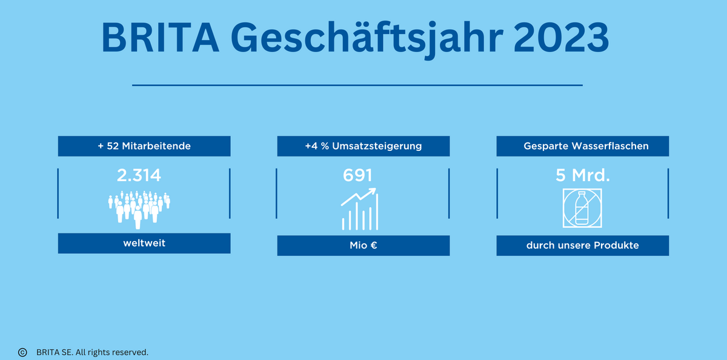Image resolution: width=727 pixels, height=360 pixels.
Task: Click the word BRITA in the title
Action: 160,38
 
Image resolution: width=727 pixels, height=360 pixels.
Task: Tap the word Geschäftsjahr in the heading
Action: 367,39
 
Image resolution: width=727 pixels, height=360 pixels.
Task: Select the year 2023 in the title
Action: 561,38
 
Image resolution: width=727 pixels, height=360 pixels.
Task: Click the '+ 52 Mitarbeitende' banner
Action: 144,146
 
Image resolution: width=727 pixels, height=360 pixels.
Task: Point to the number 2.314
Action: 139,175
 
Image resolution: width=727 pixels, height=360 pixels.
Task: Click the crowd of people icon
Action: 139,210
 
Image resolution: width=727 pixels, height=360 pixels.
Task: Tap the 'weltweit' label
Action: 144,243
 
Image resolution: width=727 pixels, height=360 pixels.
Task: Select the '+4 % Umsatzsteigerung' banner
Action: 363,146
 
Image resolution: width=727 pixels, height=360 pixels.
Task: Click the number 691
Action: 357,175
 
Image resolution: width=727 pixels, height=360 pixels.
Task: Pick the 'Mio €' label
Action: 363,245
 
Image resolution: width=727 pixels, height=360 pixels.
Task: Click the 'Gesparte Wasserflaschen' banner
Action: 583,146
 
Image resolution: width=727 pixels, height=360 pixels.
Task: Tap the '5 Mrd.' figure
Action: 583,175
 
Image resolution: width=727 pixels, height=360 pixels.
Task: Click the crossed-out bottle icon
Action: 582,208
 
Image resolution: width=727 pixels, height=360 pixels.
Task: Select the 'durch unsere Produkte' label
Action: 583,245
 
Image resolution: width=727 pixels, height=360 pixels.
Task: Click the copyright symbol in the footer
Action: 22,352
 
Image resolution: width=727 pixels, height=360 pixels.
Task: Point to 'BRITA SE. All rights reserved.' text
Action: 92,352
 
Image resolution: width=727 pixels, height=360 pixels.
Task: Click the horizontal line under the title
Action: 357,85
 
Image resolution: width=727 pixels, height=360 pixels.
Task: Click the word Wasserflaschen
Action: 610,146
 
